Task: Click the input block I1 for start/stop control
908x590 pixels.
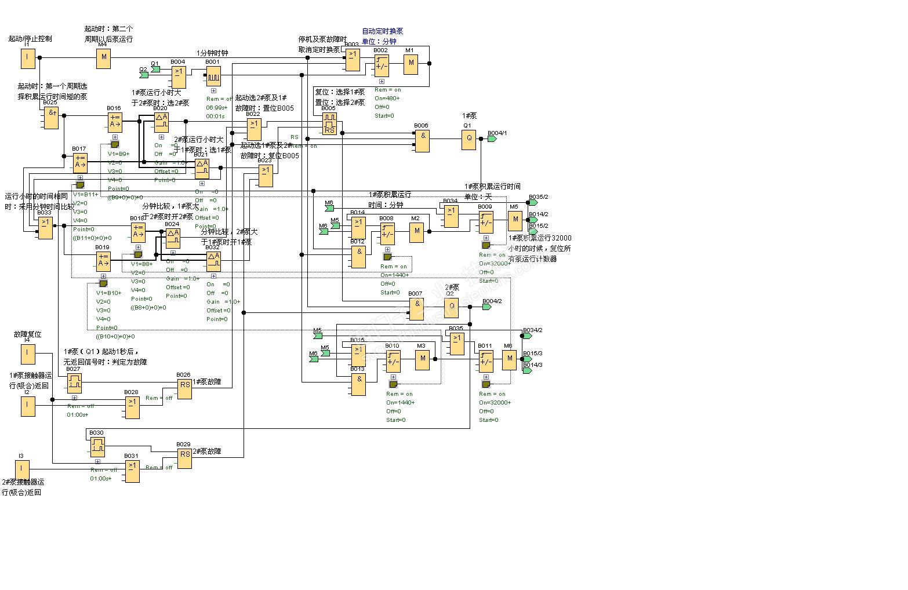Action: (27, 58)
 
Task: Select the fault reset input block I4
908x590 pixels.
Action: (27, 353)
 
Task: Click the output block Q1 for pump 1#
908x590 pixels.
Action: (468, 139)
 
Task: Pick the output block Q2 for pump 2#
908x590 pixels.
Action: (451, 307)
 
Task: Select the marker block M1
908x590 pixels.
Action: (411, 63)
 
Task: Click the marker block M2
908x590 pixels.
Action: (416, 232)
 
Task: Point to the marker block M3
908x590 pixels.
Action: (422, 359)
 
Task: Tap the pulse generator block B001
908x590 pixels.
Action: (213, 75)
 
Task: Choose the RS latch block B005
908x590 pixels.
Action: (329, 123)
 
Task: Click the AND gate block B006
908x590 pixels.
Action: (422, 140)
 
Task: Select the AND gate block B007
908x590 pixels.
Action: (416, 308)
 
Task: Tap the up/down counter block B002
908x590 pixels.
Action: (381, 65)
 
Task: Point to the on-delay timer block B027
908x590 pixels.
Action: (74, 383)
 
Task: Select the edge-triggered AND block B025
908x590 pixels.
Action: (51, 118)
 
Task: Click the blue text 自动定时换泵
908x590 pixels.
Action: (382, 31)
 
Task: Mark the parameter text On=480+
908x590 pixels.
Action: (387, 99)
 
